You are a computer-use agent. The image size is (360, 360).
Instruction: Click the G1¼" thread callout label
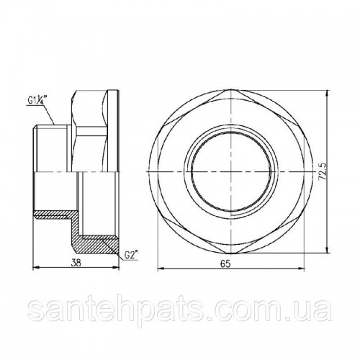click(37, 100)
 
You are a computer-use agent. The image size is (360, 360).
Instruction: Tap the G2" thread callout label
click(132, 256)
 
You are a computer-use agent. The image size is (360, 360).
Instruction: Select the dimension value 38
click(76, 263)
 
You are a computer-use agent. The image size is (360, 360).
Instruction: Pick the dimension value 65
click(225, 264)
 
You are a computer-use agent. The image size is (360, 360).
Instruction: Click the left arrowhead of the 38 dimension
click(35, 269)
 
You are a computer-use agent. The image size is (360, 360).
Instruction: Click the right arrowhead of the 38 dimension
click(116, 269)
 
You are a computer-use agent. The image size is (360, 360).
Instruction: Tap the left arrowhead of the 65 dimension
click(160, 269)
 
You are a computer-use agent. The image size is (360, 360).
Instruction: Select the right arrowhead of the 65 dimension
click(302, 269)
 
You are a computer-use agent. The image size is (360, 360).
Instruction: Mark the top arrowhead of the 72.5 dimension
click(328, 93)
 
